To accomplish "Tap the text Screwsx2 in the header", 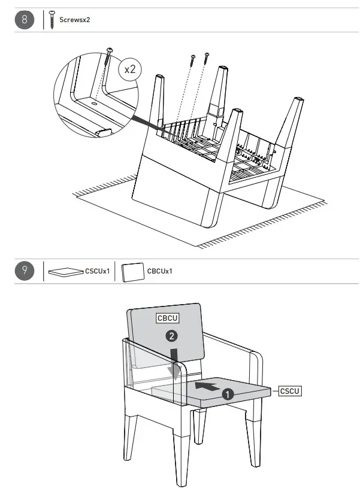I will coord(75,20).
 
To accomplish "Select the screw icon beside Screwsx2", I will coord(52,20).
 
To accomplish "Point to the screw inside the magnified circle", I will coord(109,57).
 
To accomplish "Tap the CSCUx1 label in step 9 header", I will coord(97,271).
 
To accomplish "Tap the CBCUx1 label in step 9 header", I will coord(160,271).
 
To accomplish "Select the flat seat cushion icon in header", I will coord(66,272).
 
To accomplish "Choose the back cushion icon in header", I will coord(132,272).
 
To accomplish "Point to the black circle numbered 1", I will coord(228,394).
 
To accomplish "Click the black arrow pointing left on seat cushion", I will coord(207,386).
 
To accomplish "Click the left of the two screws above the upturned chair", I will coord(193,59).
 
